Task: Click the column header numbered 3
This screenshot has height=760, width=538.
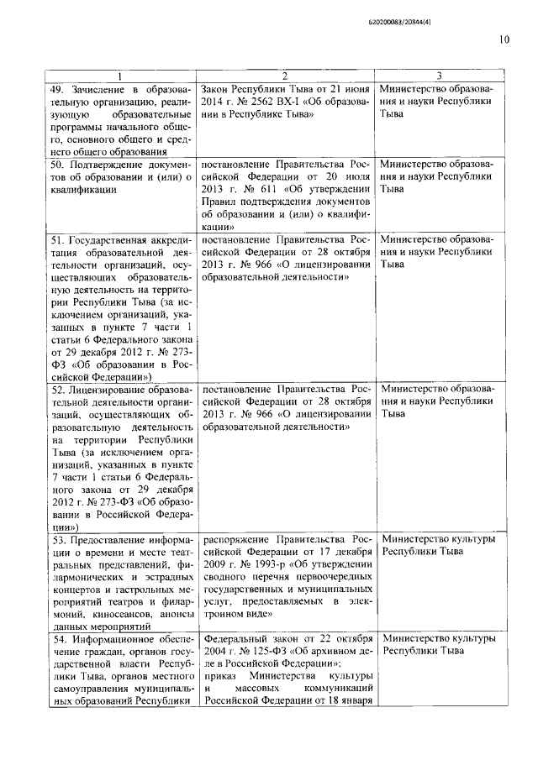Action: (440, 74)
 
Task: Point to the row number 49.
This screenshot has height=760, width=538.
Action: (58, 88)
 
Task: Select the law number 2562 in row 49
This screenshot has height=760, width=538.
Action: (272, 101)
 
